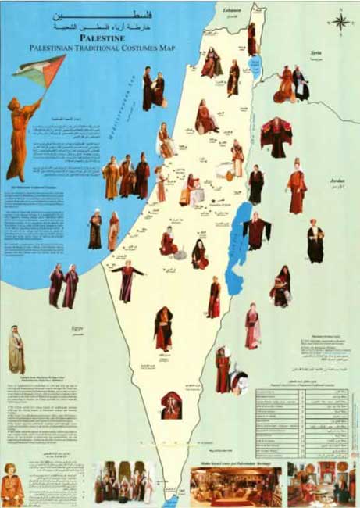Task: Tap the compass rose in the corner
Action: coord(340,21)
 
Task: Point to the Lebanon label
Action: coord(233,10)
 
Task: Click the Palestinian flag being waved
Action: coord(39,70)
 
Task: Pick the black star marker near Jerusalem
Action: coord(212,202)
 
